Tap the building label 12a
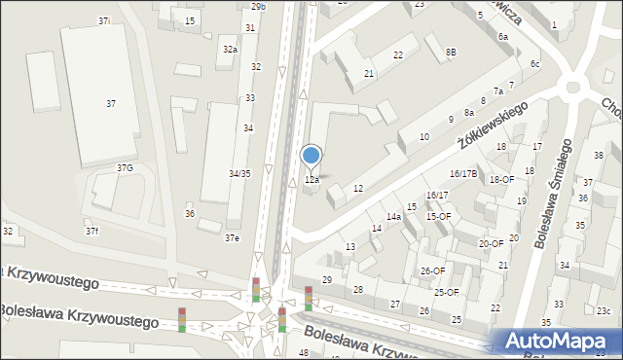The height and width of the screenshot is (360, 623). coord(311,180)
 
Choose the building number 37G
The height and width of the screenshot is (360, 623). coord(126,168)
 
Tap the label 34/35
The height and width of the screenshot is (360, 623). coord(239,173)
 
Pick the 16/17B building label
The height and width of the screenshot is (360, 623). coord(463,173)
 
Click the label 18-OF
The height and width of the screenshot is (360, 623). coord(501,179)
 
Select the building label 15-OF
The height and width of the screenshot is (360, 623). coord(438,216)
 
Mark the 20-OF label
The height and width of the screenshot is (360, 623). coord(492,244)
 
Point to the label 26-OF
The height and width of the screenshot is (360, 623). coord(432,270)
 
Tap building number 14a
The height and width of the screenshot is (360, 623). coord(393,216)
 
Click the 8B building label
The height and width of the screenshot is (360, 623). coord(451,52)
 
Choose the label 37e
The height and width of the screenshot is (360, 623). coord(232,237)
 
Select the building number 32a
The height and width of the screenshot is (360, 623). coord(230,49)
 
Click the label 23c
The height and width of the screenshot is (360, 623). coord(604,311)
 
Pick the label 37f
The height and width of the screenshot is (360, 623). coord(92,231)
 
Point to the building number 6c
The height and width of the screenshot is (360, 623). coord(534,64)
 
